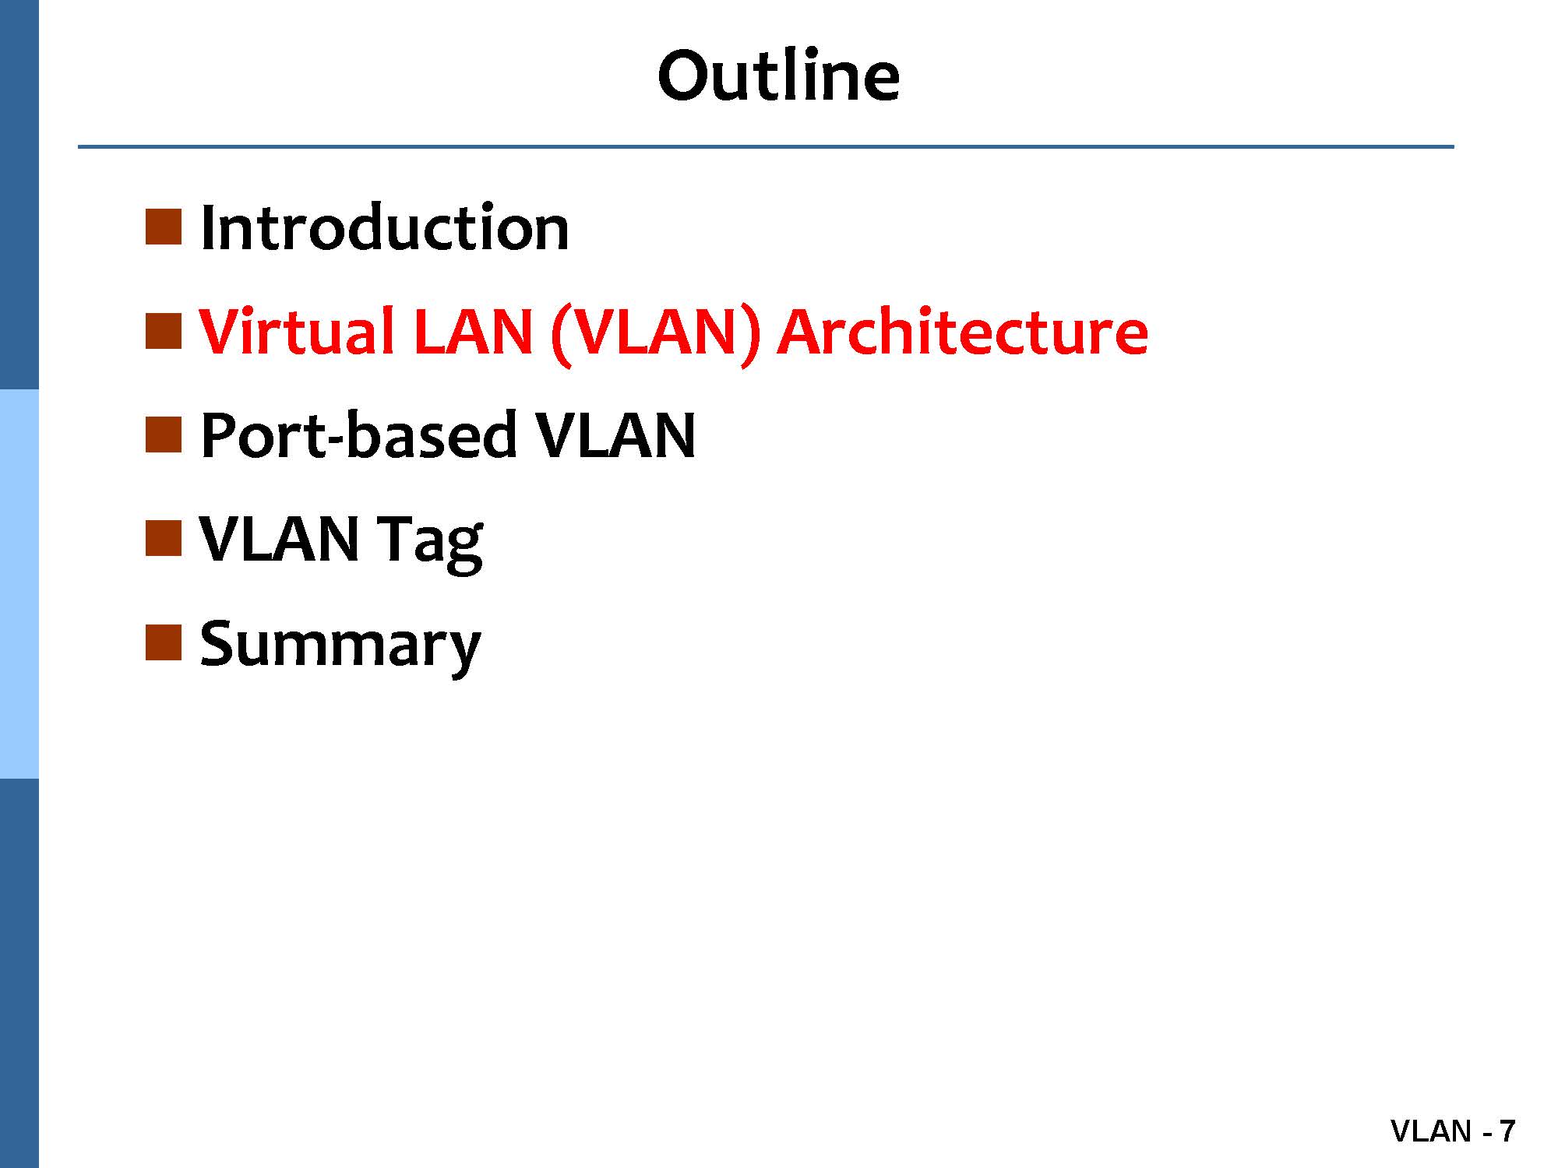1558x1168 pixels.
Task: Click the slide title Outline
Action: (x=778, y=76)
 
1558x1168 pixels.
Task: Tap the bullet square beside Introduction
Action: (x=164, y=227)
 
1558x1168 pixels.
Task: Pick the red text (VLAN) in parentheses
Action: (x=655, y=335)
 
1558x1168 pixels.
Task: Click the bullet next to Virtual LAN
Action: (x=164, y=330)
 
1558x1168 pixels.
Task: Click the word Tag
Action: (x=430, y=543)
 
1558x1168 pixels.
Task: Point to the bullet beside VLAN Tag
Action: (x=164, y=538)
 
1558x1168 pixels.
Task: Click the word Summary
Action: (x=340, y=646)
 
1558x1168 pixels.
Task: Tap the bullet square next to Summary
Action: (x=164, y=642)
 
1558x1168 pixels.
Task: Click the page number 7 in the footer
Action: (x=1507, y=1131)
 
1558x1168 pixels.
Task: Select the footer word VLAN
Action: (x=1431, y=1131)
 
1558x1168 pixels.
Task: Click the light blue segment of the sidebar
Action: (x=19, y=584)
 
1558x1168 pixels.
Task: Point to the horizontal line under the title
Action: (x=766, y=146)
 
